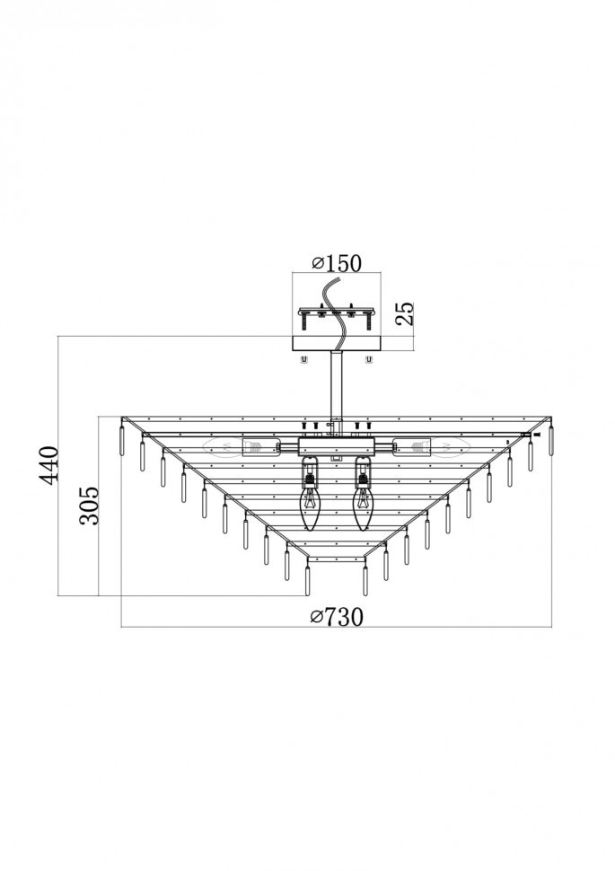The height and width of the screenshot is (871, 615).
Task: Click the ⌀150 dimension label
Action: [336, 262]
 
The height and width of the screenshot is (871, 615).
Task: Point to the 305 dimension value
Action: [89, 506]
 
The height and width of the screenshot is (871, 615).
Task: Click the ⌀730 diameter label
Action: [338, 616]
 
